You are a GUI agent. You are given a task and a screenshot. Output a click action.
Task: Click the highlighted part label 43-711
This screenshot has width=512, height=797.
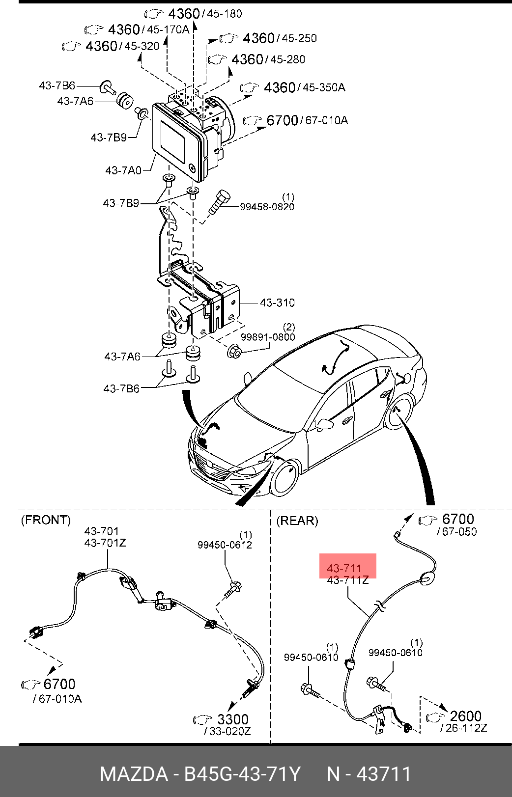(344, 568)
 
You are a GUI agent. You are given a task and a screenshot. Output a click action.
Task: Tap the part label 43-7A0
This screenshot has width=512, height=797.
(123, 170)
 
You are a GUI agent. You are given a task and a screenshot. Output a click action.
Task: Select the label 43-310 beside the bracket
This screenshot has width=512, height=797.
(277, 303)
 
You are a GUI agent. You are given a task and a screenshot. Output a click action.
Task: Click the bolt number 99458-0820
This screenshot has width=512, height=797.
(267, 207)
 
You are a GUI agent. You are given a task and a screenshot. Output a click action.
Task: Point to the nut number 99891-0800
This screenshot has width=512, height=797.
(268, 336)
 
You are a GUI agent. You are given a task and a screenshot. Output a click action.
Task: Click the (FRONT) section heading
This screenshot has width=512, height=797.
(46, 520)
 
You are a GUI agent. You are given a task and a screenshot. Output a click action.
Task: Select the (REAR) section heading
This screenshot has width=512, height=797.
(297, 521)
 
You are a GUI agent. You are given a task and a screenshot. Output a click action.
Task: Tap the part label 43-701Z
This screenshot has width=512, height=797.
(105, 543)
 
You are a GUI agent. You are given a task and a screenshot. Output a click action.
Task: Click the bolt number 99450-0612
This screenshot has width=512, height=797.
(225, 545)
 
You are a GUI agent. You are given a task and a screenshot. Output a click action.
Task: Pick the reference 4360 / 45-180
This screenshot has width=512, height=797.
(194, 14)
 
